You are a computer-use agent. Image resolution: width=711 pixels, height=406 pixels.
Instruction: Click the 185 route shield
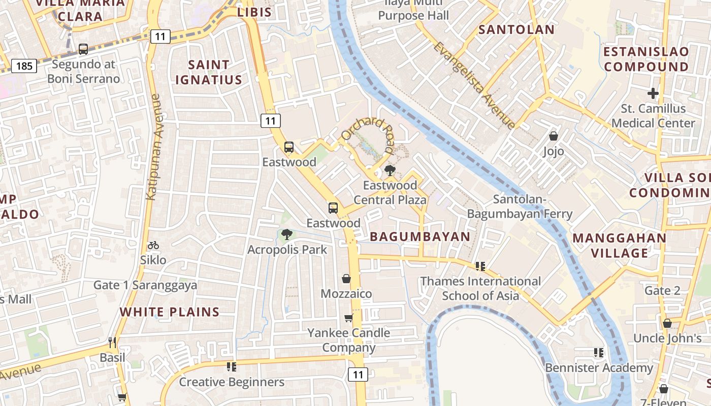[x=24, y=66]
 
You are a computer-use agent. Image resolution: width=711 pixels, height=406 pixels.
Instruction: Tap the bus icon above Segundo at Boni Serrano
[x=83, y=49]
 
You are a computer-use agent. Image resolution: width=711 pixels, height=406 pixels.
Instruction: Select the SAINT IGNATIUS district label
[x=208, y=72]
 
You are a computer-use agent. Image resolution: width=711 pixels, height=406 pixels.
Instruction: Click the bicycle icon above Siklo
[x=153, y=245]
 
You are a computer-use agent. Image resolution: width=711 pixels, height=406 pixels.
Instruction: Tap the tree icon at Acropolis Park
[x=287, y=234]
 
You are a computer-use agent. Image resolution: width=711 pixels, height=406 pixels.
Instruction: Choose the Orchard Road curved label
[x=368, y=134]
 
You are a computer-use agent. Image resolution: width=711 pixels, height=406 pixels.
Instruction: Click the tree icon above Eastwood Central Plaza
[x=390, y=170]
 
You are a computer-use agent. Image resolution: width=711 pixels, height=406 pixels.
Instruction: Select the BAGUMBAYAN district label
[x=420, y=236]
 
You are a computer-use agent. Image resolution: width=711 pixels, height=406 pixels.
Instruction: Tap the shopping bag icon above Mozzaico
[x=346, y=279]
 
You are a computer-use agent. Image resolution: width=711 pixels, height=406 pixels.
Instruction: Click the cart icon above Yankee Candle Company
[x=348, y=318]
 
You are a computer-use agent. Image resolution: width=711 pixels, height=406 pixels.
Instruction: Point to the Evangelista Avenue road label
[x=474, y=85]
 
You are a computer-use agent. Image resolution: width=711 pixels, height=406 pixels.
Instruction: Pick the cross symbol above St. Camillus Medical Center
[x=653, y=93]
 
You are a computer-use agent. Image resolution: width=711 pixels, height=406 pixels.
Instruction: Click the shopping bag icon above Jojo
[x=554, y=136]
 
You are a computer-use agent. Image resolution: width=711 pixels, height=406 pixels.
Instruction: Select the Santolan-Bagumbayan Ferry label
[x=520, y=207]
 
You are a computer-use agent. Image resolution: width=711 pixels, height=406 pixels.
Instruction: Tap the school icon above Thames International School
[x=480, y=266]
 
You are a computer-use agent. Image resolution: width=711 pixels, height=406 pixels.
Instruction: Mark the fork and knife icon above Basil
[x=112, y=343]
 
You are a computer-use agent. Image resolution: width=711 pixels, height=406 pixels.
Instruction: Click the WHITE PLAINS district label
[x=170, y=312]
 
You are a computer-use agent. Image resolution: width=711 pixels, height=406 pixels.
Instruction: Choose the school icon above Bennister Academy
[x=599, y=352]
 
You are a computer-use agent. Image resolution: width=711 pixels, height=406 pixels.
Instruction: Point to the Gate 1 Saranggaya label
[x=145, y=285]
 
